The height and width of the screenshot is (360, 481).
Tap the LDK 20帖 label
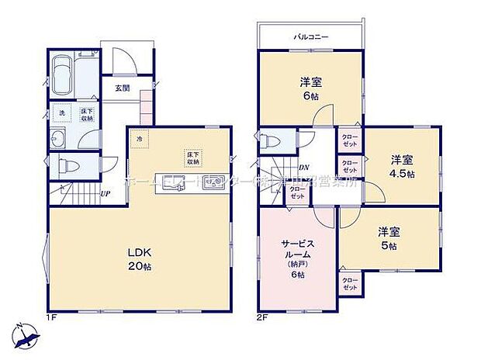[x=139, y=256]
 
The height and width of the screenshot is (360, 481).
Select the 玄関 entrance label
[x=123, y=88]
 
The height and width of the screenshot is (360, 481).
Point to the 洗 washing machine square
[x=63, y=113]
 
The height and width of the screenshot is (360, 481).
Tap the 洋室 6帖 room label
[x=311, y=88]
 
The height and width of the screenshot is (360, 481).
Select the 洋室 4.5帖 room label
[x=401, y=165]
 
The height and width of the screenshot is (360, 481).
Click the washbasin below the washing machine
[x=60, y=140]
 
